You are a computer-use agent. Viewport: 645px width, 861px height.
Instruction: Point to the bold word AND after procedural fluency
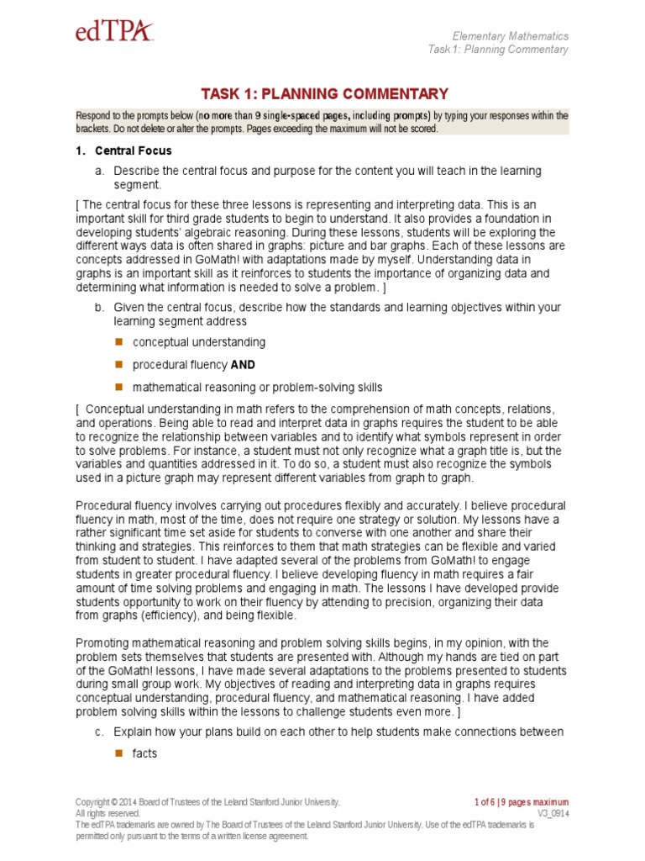click(x=243, y=365)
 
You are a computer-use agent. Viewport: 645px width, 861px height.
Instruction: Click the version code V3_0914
click(x=553, y=814)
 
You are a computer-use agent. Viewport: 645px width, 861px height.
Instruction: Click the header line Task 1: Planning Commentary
click(x=497, y=50)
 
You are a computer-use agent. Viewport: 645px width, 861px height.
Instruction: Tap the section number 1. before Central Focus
click(x=81, y=151)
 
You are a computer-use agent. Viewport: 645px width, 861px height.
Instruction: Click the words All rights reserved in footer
click(x=107, y=814)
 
